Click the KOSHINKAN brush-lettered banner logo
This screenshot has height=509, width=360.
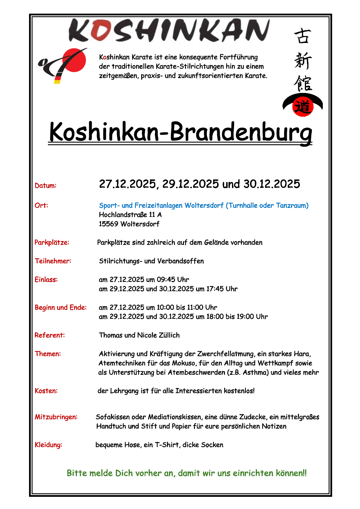[169, 30]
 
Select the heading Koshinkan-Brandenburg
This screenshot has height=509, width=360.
[180, 132]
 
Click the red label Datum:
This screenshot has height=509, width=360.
[46, 186]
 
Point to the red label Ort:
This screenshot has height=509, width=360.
[41, 206]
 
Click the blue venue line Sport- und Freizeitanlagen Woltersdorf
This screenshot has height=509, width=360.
[204, 206]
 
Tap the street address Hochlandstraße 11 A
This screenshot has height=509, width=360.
[130, 215]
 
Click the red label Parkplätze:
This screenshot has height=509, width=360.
[52, 242]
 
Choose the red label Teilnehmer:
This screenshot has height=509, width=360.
[53, 261]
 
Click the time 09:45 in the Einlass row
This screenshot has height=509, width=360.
[166, 280]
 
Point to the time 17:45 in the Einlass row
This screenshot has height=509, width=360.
[215, 289]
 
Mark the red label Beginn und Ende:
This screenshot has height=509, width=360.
[61, 307]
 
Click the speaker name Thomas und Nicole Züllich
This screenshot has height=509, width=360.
[139, 335]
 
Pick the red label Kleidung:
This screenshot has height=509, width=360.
[48, 445]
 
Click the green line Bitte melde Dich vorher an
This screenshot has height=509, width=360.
[187, 473]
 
